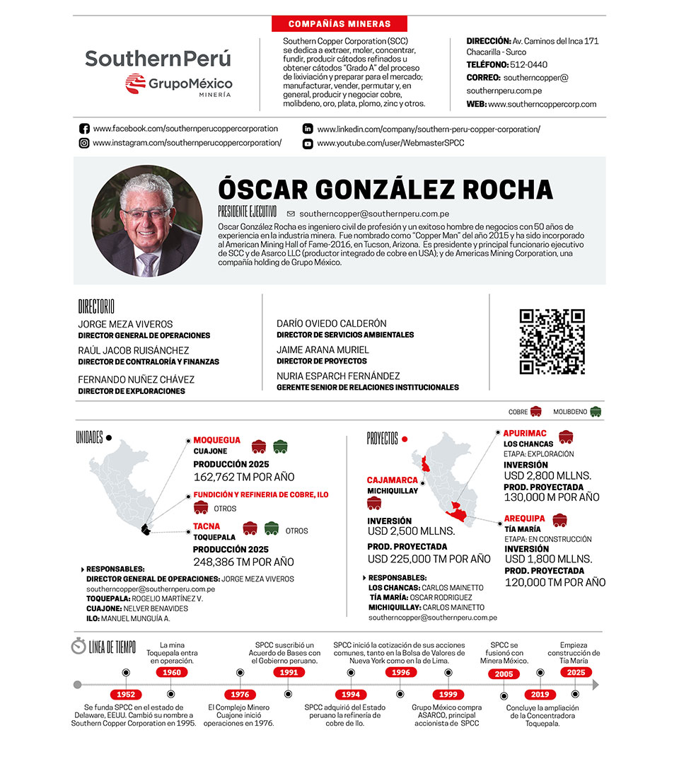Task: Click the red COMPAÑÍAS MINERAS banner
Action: (330, 23)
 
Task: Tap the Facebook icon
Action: (84, 129)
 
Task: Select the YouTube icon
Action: (308, 144)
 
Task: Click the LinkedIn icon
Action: (308, 129)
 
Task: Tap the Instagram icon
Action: (84, 143)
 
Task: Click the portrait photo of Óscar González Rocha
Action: (146, 221)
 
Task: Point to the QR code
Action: (552, 341)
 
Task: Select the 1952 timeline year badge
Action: (127, 695)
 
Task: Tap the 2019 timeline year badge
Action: (540, 695)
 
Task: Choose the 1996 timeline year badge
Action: (401, 673)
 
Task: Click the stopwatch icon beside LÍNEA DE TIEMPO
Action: (78, 646)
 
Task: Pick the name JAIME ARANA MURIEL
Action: (323, 349)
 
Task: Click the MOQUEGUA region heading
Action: (216, 440)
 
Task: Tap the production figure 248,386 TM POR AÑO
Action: (243, 562)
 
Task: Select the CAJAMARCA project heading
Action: (392, 480)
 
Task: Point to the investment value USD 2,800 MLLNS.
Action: (547, 475)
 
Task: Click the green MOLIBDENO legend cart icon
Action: (596, 411)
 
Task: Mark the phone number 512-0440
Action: (528, 64)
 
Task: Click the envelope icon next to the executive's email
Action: (291, 213)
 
